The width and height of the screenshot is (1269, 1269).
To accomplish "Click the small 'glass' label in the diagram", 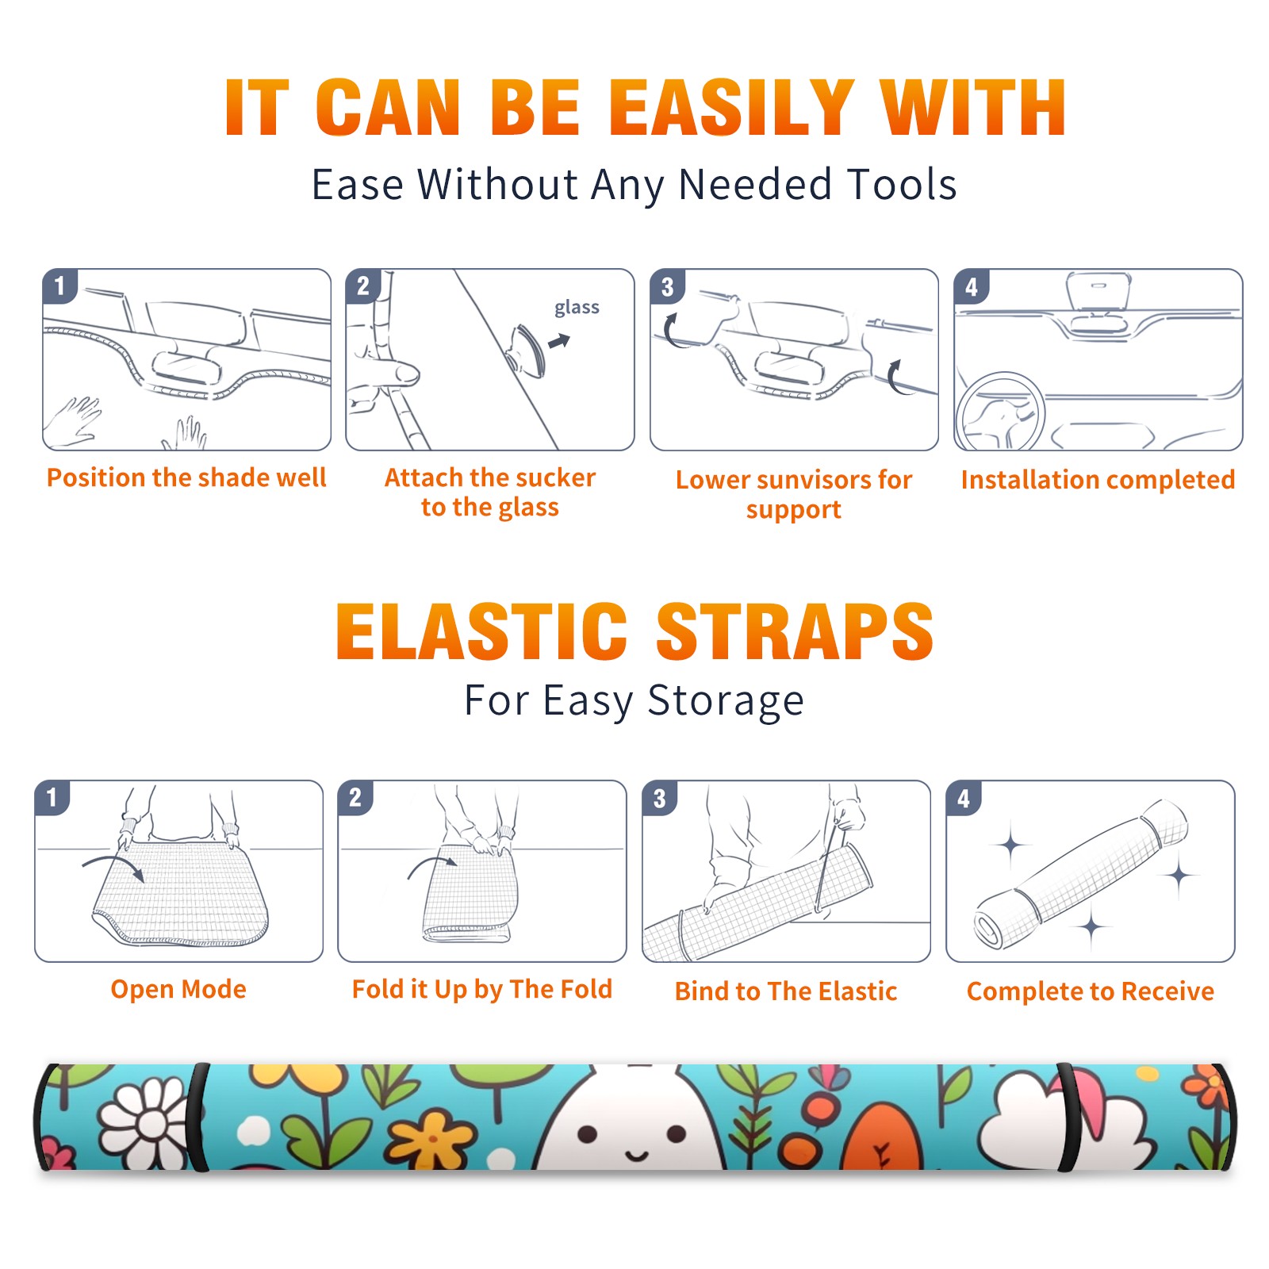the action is [x=577, y=307].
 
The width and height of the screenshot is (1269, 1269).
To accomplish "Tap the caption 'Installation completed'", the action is [x=1098, y=479].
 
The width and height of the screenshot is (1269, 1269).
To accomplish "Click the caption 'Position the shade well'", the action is [x=186, y=477].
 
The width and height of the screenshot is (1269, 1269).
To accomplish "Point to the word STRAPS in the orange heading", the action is [x=795, y=631].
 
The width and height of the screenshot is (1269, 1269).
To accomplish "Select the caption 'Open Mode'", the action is [x=178, y=989].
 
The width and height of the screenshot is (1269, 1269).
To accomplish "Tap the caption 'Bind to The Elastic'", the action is [x=786, y=991].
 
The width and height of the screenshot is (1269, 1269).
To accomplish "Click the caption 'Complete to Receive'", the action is [x=1091, y=991].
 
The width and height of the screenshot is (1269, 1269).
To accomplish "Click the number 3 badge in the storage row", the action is [x=659, y=799].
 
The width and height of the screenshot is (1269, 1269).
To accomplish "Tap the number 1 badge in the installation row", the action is [x=59, y=286].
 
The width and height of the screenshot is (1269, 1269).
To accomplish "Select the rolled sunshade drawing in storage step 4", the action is [x=1081, y=875].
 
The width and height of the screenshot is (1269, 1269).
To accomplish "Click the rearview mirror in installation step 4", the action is [x=1098, y=293].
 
